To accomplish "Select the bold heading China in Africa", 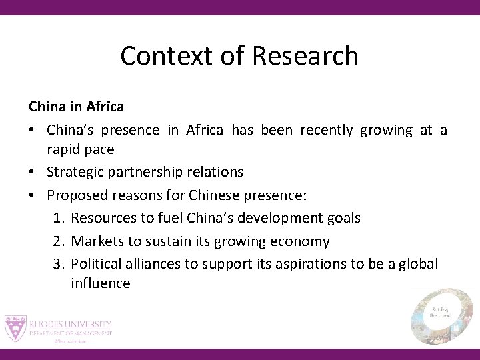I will pos(76,106).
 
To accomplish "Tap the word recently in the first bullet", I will pos(327,130).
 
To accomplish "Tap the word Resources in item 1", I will pos(104,218).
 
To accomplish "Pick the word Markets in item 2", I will pos(97,241).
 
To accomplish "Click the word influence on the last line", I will pos(100,283).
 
